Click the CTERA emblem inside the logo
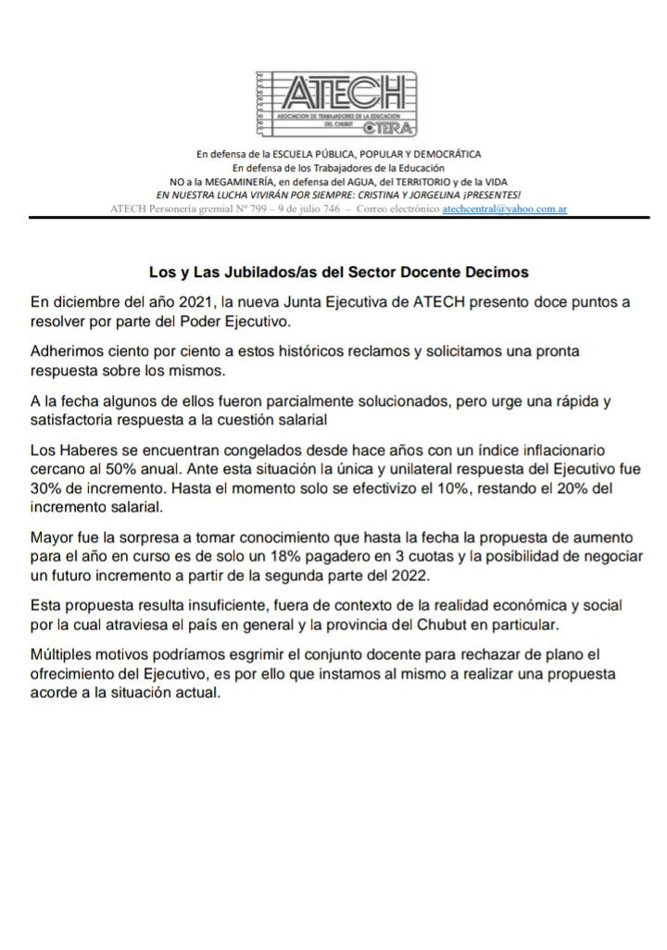389,127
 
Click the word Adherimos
68,352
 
